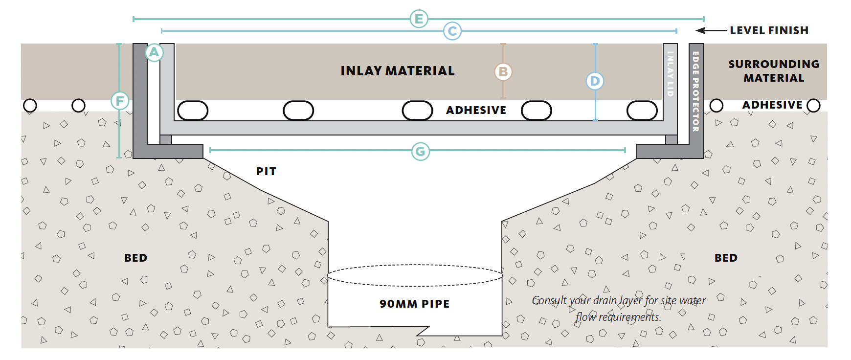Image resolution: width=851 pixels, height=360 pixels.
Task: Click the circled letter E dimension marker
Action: pos(419,19)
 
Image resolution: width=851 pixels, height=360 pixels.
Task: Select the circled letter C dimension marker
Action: pos(452,31)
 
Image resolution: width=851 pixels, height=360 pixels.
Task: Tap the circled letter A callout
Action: pos(154,52)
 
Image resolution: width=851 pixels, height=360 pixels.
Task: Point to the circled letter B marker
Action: pos(503,72)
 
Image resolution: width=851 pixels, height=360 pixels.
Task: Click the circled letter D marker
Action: pos(595,81)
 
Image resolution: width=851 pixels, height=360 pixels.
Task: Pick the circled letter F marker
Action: pos(120,101)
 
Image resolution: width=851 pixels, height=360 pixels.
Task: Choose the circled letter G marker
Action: pos(420,152)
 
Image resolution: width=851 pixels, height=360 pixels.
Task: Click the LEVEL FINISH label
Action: pos(769,30)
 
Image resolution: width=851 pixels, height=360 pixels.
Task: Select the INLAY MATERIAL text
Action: pos(397,71)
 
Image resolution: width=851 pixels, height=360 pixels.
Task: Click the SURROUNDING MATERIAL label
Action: pos(773,71)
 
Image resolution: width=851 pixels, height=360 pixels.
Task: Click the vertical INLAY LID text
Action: pos(670,73)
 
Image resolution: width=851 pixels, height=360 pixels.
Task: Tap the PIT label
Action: pos(266,171)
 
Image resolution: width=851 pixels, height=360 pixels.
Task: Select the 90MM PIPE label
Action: pos(414,304)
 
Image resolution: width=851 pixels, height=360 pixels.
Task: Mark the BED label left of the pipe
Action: pos(135,258)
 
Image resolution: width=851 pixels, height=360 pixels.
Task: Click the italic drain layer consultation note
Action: pos(618,308)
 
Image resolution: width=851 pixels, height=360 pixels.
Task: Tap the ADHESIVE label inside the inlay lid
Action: pos(476,110)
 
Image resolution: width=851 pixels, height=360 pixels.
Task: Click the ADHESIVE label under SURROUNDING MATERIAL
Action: pos(772,105)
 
